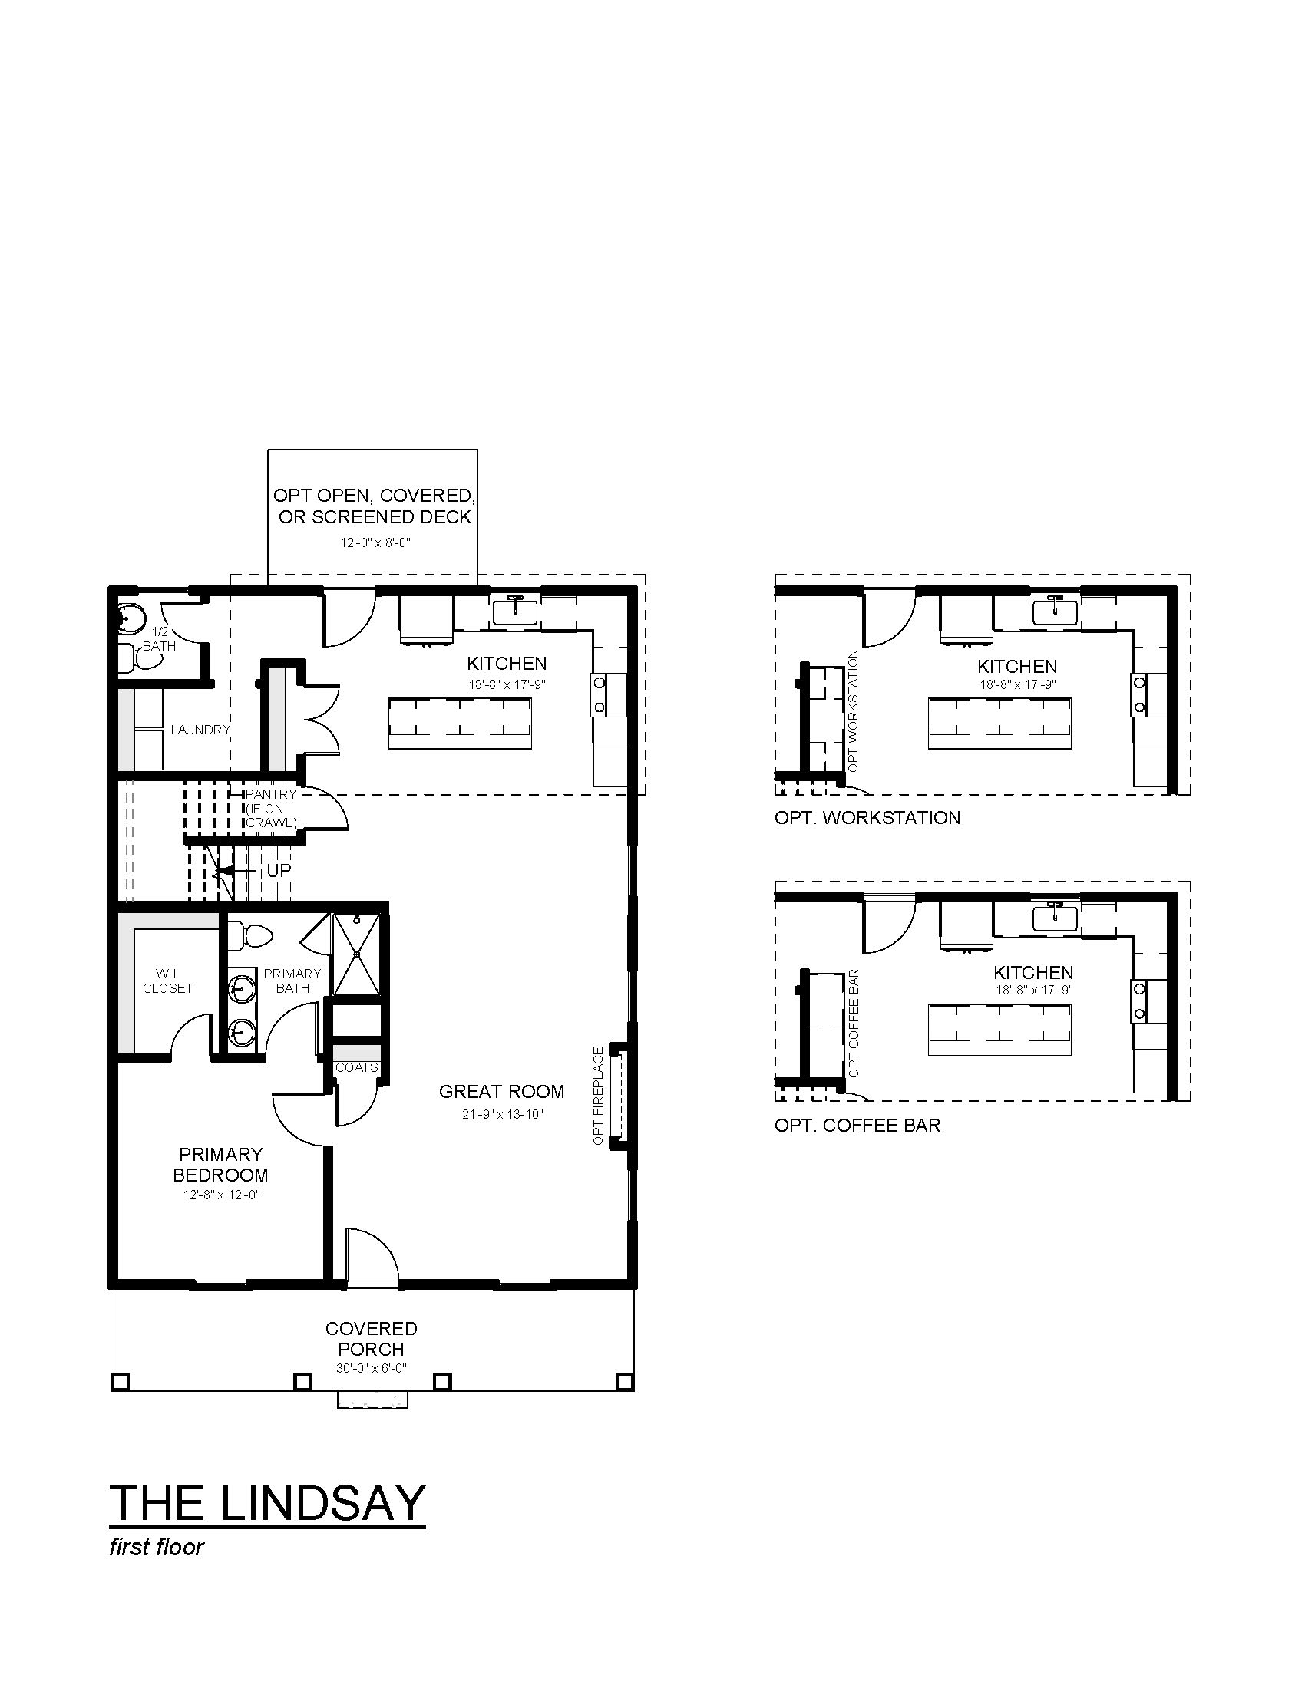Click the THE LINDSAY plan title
(x=267, y=1502)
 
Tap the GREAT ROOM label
(x=502, y=1091)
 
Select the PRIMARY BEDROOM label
(x=221, y=1165)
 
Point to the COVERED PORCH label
(x=371, y=1339)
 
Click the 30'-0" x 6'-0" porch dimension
(x=371, y=1368)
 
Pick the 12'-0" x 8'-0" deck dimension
(x=375, y=542)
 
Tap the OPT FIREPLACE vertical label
(x=597, y=1096)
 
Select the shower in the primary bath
(x=356, y=954)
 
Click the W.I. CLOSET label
(x=168, y=981)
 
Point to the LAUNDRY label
(x=200, y=730)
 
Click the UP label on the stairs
(x=279, y=870)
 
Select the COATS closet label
(x=356, y=1067)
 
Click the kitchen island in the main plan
(x=460, y=724)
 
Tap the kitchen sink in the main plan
(x=516, y=611)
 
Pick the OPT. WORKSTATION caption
(x=867, y=818)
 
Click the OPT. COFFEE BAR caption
(x=857, y=1126)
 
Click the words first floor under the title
(x=157, y=1547)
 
